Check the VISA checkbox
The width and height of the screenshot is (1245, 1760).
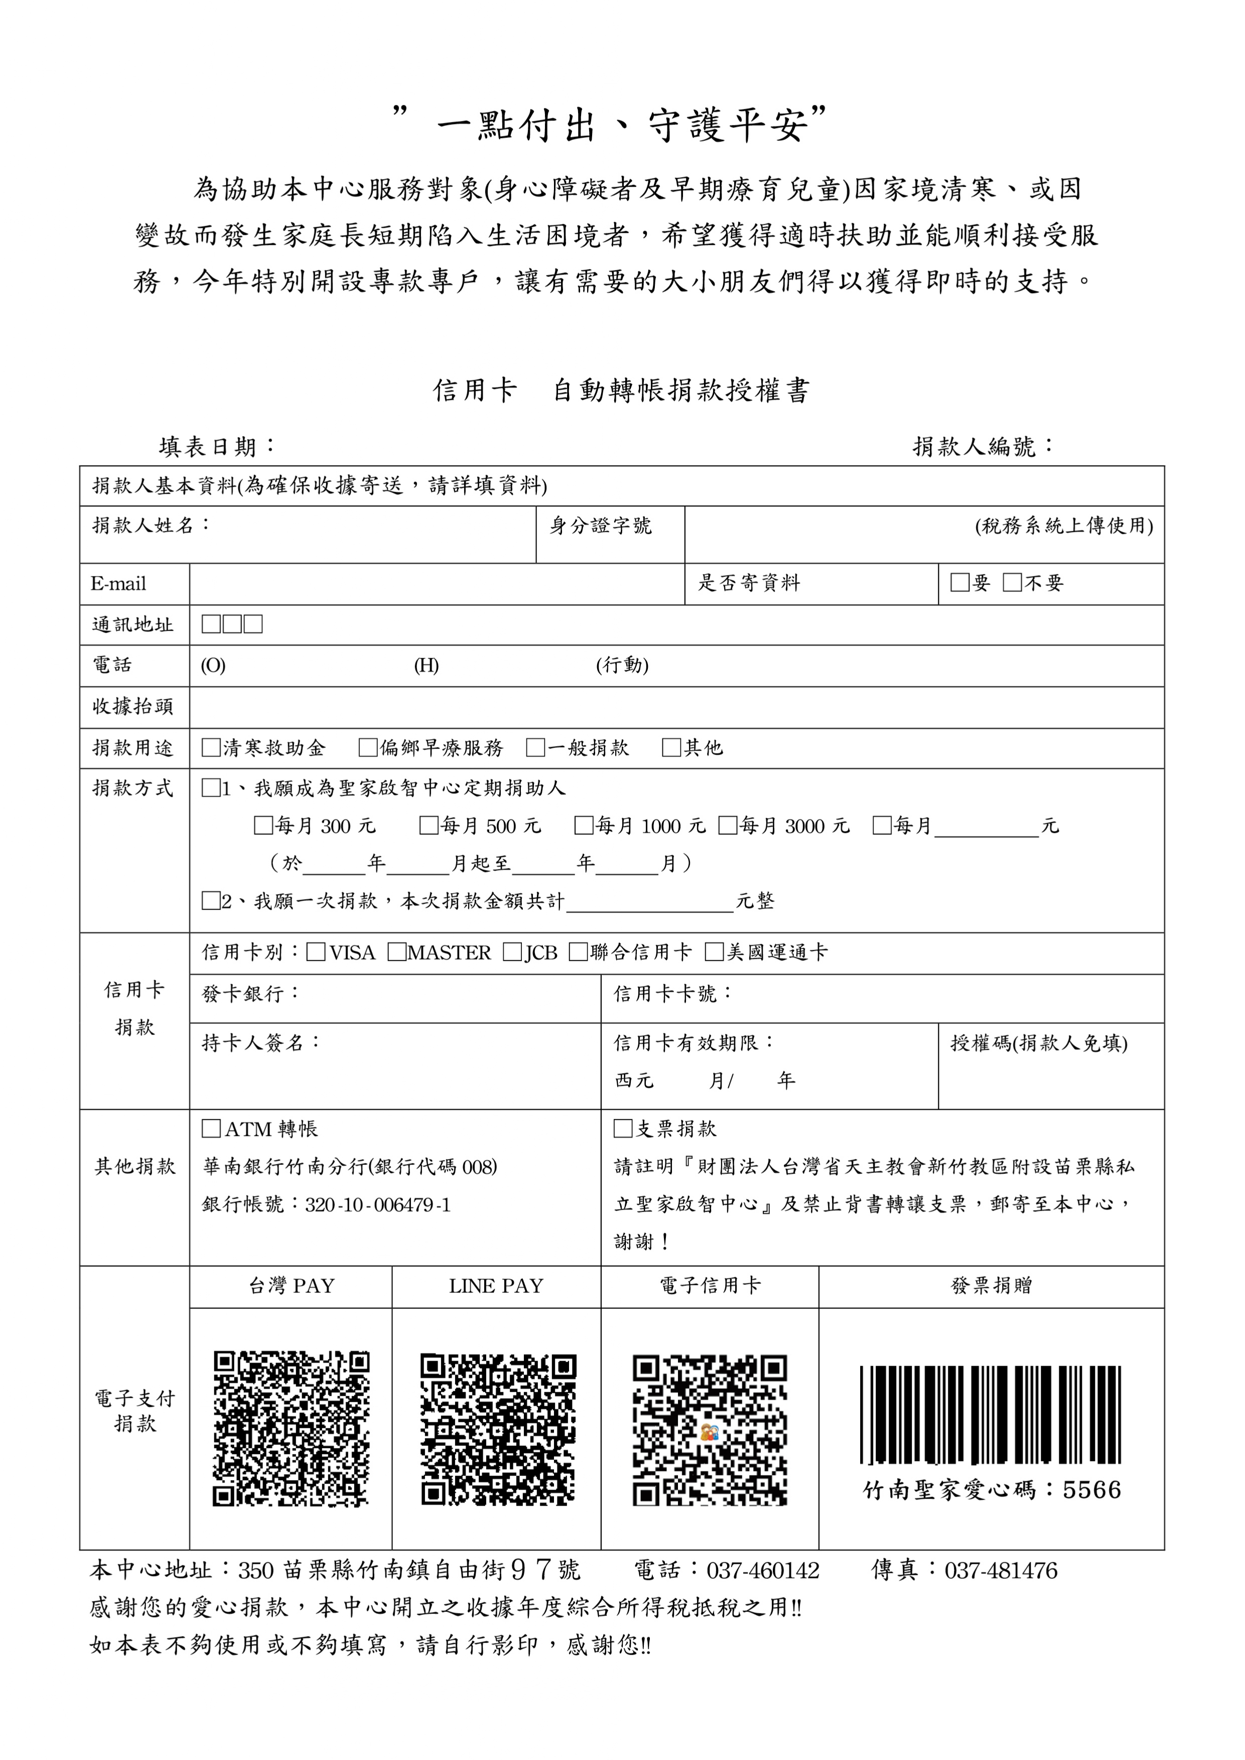(x=315, y=952)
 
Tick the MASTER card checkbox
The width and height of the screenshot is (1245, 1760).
(x=396, y=952)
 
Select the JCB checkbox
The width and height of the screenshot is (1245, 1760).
(x=512, y=952)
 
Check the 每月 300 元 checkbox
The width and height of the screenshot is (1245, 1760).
(x=263, y=826)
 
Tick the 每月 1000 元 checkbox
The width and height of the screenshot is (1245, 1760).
(x=584, y=826)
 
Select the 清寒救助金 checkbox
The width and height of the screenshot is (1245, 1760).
(x=211, y=748)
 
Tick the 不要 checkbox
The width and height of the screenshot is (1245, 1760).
(x=1012, y=582)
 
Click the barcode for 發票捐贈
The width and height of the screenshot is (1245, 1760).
(x=991, y=1415)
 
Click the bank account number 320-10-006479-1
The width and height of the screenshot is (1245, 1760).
(x=377, y=1204)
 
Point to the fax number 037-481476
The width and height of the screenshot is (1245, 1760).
(x=1001, y=1571)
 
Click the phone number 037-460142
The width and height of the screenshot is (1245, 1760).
(x=763, y=1571)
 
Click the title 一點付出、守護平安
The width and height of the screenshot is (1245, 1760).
(x=611, y=125)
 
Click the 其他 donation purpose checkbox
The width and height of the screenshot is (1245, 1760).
(x=671, y=748)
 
